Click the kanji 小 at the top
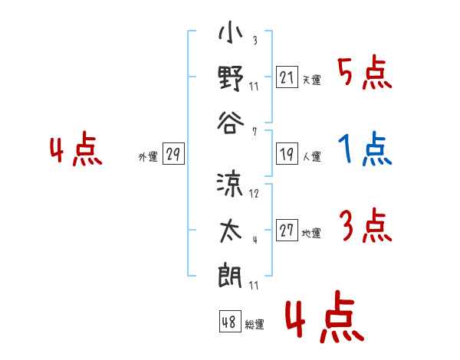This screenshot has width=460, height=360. coord(230,32)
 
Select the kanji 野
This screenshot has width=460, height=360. coord(231,79)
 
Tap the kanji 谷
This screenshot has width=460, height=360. coord(231,123)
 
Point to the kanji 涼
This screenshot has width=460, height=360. coord(230,185)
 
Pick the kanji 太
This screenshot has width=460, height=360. coord(231,231)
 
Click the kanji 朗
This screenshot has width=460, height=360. coord(230,277)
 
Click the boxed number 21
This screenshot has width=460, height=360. coord(287,77)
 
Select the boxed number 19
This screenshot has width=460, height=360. coord(287,154)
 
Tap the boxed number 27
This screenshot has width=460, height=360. coord(287,230)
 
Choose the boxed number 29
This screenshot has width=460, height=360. coord(173,154)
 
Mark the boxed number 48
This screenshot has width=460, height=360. coord(230,321)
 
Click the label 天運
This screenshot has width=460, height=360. coord(312,80)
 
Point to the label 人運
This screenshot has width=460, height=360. coord(312,156)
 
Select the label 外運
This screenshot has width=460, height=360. coord(148,156)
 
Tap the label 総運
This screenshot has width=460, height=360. coord(255,324)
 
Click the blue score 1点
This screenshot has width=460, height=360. coord(365,149)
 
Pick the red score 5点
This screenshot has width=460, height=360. coord(365,72)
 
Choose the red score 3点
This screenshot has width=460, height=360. coord(366,225)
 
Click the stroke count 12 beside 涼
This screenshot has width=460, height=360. coord(254,194)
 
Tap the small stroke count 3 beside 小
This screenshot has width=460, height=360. coord(255,40)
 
